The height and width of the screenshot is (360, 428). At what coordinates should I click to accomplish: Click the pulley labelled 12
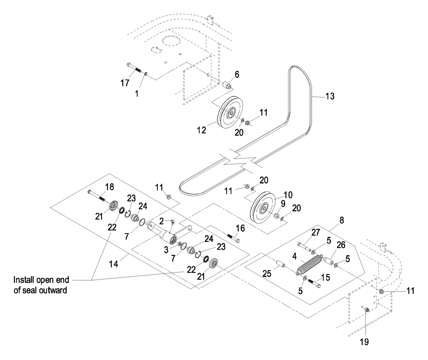point(230,111)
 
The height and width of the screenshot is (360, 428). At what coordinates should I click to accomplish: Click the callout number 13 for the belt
point(330,96)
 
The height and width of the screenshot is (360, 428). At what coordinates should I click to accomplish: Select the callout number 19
point(365,341)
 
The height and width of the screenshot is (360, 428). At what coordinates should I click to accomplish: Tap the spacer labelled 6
point(228,85)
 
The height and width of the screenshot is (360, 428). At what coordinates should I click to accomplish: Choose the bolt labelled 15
point(314,282)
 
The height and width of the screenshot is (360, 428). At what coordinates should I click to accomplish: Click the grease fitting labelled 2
point(172,221)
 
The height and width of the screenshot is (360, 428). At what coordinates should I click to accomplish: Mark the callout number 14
point(113,264)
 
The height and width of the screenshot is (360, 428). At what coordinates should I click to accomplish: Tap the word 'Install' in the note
point(23,280)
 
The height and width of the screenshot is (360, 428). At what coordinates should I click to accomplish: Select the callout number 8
point(342,220)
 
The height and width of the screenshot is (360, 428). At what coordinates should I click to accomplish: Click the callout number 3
point(166,250)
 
